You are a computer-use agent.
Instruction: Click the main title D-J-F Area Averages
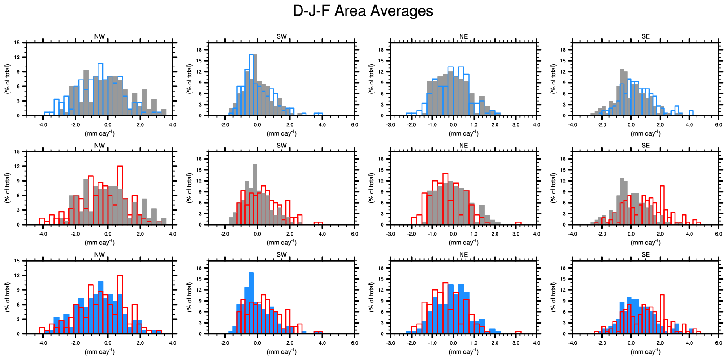[363, 11]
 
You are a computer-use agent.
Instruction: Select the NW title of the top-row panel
[99, 36]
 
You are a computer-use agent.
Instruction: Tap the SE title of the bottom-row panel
[645, 255]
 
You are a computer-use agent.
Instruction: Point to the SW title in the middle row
[281, 146]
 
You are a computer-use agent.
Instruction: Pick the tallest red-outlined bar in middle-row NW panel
[120, 196]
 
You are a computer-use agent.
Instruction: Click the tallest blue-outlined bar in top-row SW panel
[252, 85]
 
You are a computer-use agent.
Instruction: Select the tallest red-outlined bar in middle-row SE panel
[661, 205]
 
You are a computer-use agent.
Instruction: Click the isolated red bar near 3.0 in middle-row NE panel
[518, 223]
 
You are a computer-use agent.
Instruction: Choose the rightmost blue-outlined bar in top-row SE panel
[691, 113]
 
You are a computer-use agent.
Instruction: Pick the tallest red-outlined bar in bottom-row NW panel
[120, 304]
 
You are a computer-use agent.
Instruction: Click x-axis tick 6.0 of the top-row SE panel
[719, 124]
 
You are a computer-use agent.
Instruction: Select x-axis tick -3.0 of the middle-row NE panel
[391, 234]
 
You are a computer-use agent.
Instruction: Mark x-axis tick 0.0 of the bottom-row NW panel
[107, 343]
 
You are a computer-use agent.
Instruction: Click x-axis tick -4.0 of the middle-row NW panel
[43, 234]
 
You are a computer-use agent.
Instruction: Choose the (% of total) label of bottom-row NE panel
[371, 297]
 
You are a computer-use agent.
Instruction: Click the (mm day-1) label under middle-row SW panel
[281, 243]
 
